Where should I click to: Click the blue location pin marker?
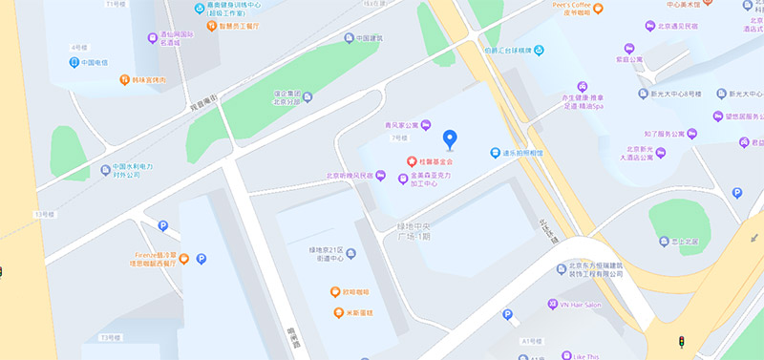451,139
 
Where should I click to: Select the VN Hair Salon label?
580,304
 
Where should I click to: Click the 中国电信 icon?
74,63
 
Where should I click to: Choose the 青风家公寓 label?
397,125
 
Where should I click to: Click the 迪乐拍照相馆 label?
521,152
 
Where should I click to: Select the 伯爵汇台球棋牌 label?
512,50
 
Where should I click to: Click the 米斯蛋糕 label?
359,312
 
